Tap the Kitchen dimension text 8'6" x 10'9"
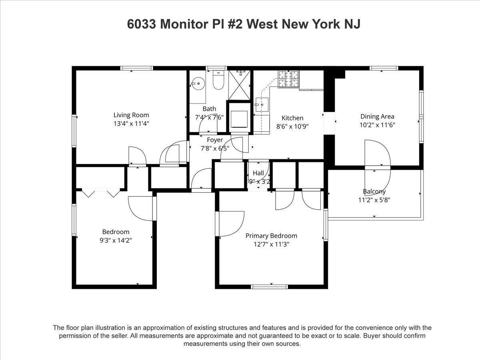(292, 126)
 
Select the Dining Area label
(377, 116)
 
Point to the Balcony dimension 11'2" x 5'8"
(374, 200)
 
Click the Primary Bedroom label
(271, 236)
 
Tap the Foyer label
(215, 140)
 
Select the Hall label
(258, 173)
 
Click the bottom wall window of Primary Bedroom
(269, 286)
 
